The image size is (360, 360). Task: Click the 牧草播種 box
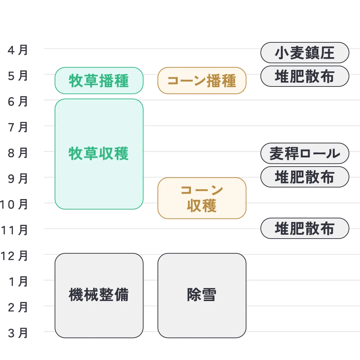[x=99, y=80]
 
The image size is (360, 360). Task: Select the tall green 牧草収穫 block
[x=99, y=154]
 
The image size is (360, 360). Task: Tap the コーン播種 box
[x=202, y=80]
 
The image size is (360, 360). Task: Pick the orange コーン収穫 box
[x=202, y=198]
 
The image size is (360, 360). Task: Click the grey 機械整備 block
[x=99, y=295]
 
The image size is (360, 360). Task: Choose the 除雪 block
[x=202, y=295]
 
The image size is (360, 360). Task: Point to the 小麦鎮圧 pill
[x=305, y=53]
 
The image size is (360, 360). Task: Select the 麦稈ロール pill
[x=305, y=154]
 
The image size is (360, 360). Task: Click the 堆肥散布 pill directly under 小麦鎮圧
[x=305, y=76]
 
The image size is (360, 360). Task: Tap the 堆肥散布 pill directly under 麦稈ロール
[x=305, y=177]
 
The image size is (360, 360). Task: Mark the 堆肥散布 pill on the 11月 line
[x=305, y=229]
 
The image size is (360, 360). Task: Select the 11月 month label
[x=14, y=230]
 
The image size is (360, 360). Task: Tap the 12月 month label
[x=14, y=255]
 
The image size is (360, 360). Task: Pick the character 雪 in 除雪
[x=209, y=295]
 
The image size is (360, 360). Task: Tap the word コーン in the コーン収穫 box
[x=202, y=190]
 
